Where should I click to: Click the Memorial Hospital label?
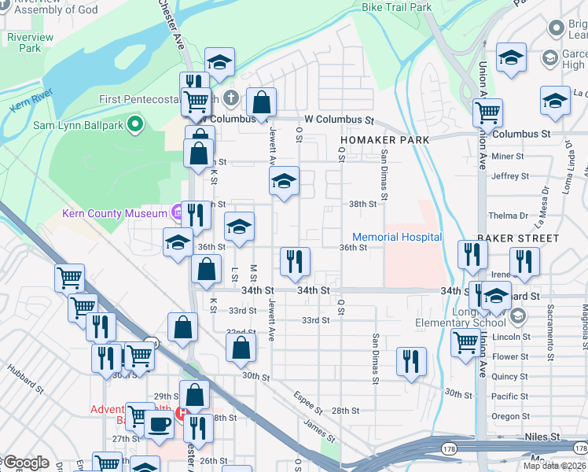(397, 237)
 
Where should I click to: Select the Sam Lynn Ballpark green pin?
(135, 124)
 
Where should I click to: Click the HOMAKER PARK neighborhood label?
(384, 140)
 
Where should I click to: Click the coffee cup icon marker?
(159, 424)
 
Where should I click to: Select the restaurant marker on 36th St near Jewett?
(296, 261)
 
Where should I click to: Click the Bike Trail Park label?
(396, 7)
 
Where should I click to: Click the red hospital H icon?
(182, 412)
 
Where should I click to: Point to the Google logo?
(25, 463)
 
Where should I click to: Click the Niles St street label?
(542, 437)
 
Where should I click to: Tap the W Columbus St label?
(339, 120)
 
